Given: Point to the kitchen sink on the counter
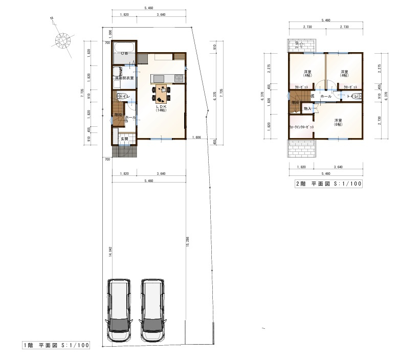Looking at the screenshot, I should (x=158, y=78).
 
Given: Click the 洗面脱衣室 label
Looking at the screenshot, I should (x=124, y=78).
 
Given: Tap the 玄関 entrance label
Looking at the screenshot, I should (x=124, y=139).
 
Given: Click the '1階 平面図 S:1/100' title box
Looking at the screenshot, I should (x=56, y=345).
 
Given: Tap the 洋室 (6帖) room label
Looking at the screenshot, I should (x=338, y=122).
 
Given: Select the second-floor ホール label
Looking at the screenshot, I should (x=325, y=96).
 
